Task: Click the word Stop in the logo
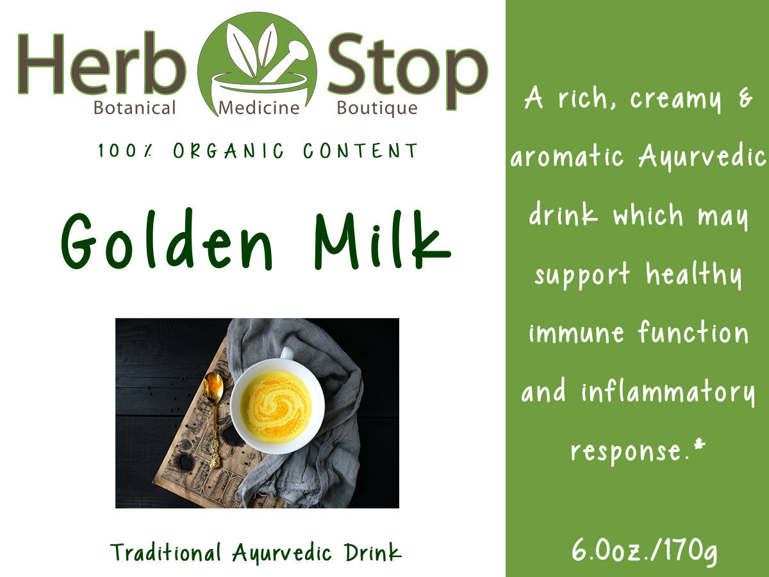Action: coord(408,64)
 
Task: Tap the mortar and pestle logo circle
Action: coord(257,64)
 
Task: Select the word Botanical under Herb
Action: coord(135,108)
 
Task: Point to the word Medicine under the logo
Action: coord(259,108)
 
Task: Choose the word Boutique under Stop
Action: coord(377,108)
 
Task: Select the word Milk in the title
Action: coord(381,240)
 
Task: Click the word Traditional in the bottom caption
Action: coord(166,553)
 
